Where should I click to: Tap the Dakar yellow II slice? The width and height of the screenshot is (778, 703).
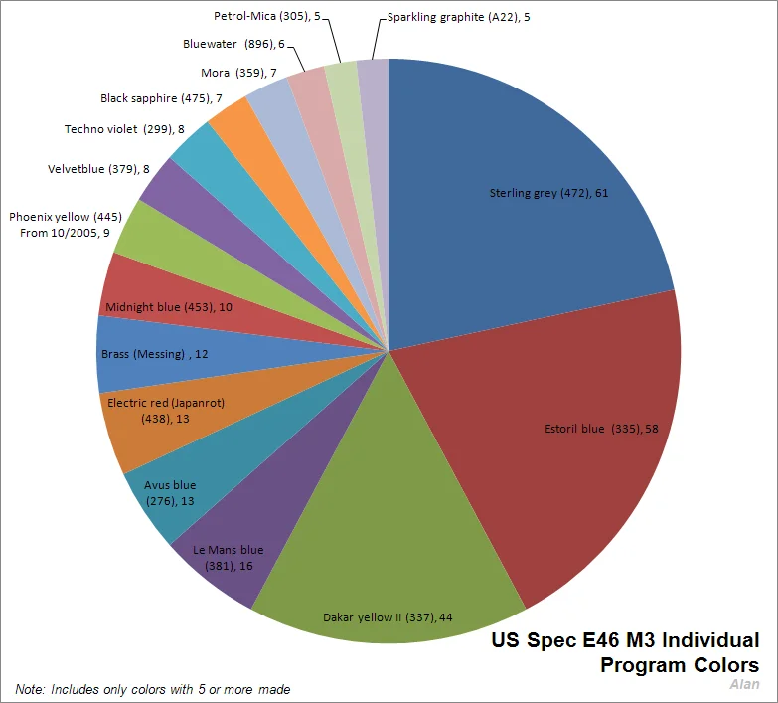point(388,557)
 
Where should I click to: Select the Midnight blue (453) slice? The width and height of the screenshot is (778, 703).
point(159,303)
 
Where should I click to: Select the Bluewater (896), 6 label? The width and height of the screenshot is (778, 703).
point(233,44)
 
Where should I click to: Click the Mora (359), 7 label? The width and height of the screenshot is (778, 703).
point(238,73)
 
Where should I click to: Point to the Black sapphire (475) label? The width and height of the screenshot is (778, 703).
point(161,98)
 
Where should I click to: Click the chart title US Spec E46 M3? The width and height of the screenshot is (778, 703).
point(625,652)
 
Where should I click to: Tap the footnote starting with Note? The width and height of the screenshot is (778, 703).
point(153,689)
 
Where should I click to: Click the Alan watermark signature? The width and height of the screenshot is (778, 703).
point(744,684)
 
